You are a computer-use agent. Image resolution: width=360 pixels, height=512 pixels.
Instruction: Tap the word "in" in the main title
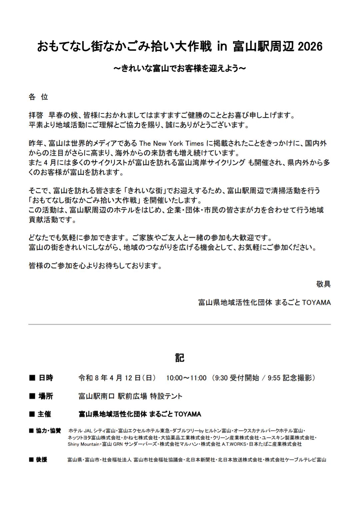[x=222, y=47]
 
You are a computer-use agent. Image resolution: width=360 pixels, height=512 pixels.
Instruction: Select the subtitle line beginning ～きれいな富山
[x=180, y=68]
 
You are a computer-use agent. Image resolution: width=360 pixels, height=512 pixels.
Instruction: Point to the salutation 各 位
[x=39, y=97]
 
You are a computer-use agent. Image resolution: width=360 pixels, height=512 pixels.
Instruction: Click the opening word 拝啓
[x=36, y=115]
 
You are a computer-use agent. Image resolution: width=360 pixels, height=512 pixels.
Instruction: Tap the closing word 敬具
[x=323, y=284]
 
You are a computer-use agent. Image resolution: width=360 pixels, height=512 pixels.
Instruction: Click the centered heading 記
[x=180, y=358]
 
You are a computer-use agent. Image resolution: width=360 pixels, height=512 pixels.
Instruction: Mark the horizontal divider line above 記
[x=180, y=324]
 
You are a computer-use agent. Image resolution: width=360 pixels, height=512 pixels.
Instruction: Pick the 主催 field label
[x=44, y=414]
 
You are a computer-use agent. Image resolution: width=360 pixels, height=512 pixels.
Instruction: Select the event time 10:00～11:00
[x=186, y=378]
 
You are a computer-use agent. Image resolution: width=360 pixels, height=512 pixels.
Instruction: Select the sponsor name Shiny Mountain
[x=83, y=444]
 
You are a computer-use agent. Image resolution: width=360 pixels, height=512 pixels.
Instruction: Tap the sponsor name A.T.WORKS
[x=235, y=444]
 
